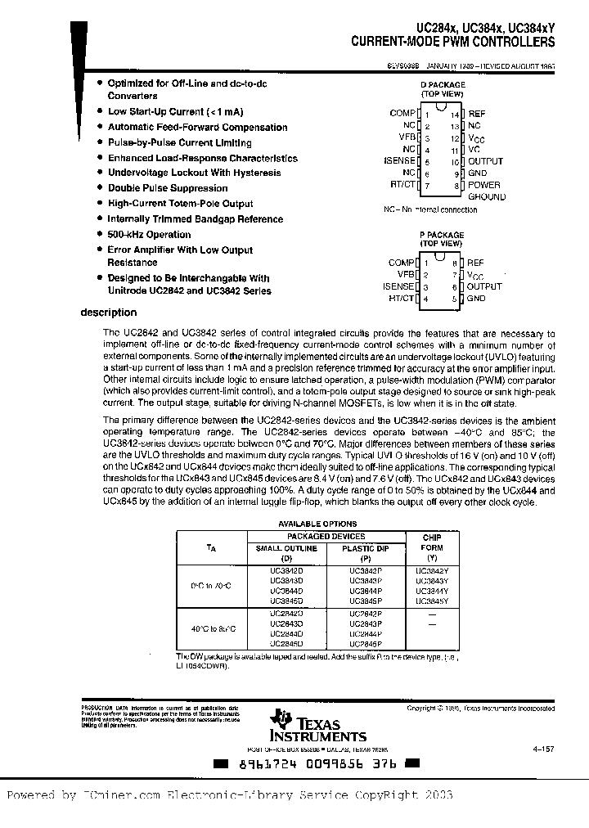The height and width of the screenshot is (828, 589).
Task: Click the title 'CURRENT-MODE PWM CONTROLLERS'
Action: (x=452, y=42)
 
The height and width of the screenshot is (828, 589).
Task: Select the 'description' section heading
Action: (x=109, y=312)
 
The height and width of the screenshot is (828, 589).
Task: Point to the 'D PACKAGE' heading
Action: (x=442, y=84)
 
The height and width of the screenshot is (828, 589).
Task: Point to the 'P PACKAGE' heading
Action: (x=442, y=235)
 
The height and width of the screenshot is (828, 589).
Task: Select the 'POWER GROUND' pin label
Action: (x=486, y=191)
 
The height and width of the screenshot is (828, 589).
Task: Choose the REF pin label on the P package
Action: (x=475, y=263)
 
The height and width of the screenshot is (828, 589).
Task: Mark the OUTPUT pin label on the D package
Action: (x=485, y=161)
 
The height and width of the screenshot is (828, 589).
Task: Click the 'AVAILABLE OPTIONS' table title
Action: (x=317, y=524)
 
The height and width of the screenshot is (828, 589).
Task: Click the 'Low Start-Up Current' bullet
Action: (x=175, y=111)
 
